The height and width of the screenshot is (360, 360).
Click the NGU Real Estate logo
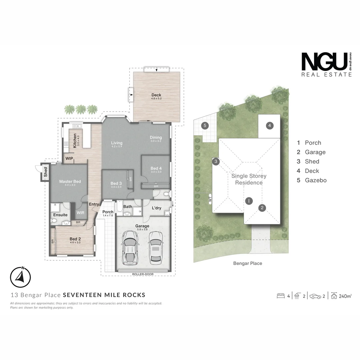pos(326,65)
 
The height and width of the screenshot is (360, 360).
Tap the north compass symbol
pos(20,277)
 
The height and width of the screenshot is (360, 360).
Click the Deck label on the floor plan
pos(156,95)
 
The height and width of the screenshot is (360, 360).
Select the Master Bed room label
pos(70,182)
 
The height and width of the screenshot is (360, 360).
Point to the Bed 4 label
pos(156,168)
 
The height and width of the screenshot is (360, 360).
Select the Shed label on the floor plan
pos(45,172)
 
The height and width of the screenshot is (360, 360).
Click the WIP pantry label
pos(69,159)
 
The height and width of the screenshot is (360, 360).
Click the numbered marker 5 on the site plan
pos(205,126)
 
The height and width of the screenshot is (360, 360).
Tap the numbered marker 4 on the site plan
pos(270,126)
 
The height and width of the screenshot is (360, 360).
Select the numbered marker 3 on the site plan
pos(216,162)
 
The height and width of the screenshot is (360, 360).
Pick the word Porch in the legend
pos(313,143)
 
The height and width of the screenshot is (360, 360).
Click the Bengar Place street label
pos(247,263)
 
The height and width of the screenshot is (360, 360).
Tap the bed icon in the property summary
pos(281,296)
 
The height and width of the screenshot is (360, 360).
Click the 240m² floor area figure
pos(345,296)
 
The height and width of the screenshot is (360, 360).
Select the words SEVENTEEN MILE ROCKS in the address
pos(104,295)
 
